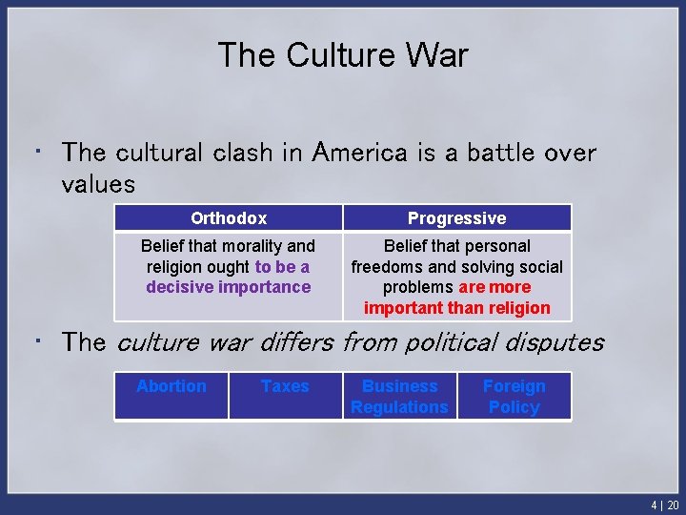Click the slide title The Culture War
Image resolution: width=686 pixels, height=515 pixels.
(x=343, y=54)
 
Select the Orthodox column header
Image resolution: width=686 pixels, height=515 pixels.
(x=229, y=218)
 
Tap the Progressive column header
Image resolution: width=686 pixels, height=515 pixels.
(x=456, y=218)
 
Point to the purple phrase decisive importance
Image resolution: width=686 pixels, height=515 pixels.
(x=229, y=287)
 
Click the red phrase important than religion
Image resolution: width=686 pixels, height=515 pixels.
(x=456, y=308)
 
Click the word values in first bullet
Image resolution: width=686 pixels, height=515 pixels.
(x=98, y=183)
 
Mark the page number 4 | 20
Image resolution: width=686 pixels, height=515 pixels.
(x=665, y=505)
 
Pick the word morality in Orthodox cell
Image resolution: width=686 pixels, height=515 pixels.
(x=249, y=245)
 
